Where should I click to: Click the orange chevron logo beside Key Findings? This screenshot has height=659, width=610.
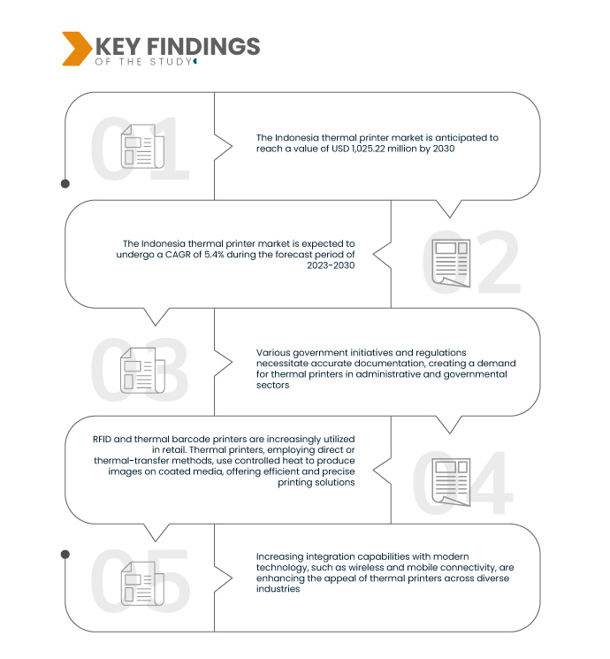coord(76,49)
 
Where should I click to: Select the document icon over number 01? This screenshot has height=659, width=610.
coord(139,146)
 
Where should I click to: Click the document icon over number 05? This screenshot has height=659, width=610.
coord(139,585)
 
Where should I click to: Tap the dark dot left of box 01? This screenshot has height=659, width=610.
coord(65,184)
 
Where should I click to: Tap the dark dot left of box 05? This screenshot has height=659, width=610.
coord(65,554)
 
